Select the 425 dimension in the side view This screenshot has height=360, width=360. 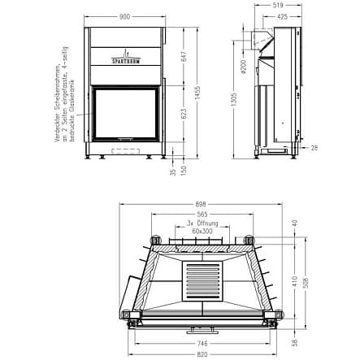tap(281, 15)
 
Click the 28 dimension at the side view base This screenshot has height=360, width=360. tap(314, 147)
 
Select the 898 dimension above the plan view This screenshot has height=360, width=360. tap(202, 205)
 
